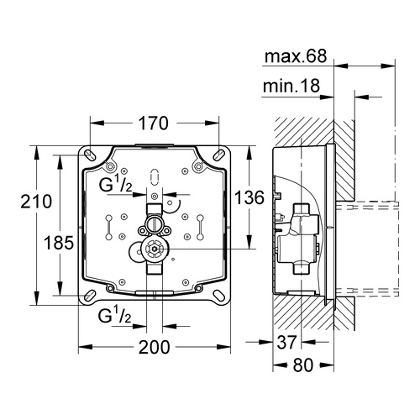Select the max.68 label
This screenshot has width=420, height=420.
(x=296, y=58)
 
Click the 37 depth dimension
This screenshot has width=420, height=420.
(x=287, y=342)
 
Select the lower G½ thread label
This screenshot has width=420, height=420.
(x=116, y=318)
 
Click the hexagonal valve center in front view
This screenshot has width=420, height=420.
(x=152, y=249)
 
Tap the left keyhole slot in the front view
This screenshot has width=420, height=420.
(x=110, y=226)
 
